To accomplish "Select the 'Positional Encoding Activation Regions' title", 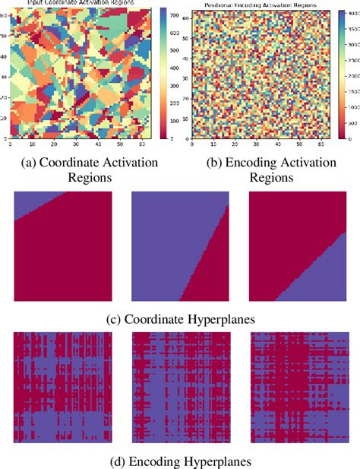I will pyautogui.click(x=257, y=5).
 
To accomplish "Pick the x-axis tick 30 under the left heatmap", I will pyautogui.click(x=77, y=144).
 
